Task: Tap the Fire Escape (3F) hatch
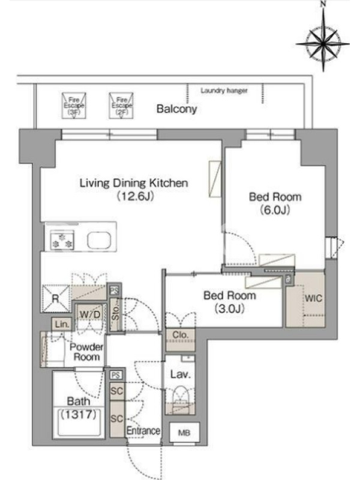pyautogui.click(x=74, y=106)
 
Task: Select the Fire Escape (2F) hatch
pyautogui.click(x=122, y=106)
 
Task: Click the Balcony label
pyautogui.click(x=176, y=109)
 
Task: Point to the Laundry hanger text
pyautogui.click(x=224, y=91)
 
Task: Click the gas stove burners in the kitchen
pyautogui.click(x=62, y=241)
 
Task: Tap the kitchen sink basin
pyautogui.click(x=99, y=241)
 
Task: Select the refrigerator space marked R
pyautogui.click(x=55, y=298)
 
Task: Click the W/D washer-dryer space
pyautogui.click(x=89, y=314)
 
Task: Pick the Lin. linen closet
pyautogui.click(x=62, y=324)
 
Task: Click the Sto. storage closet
pyautogui.click(x=116, y=314)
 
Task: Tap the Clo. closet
pyautogui.click(x=181, y=340)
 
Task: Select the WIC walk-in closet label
pyautogui.click(x=313, y=298)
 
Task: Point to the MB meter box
pyautogui.click(x=184, y=433)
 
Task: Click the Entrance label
pyautogui.click(x=143, y=431)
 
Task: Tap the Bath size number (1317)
pyautogui.click(x=79, y=415)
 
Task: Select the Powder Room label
pyautogui.click(x=86, y=352)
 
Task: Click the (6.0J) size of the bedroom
pyautogui.click(x=275, y=210)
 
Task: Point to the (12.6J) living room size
pyautogui.click(x=135, y=196)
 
